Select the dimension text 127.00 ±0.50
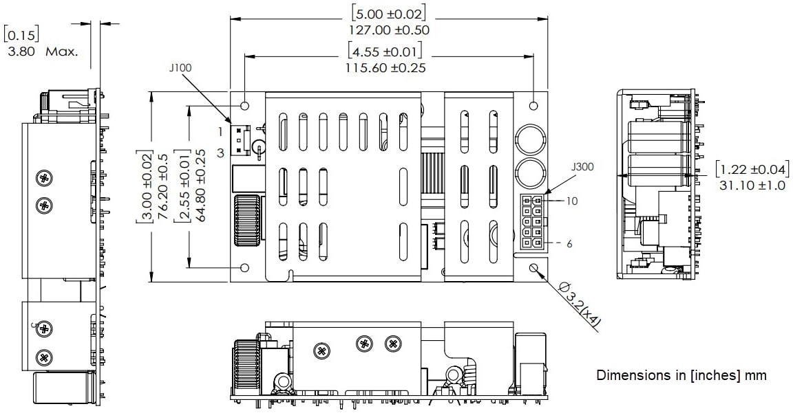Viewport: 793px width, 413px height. [390, 30]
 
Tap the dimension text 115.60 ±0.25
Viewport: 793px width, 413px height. [385, 67]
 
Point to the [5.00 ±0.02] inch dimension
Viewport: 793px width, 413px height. [389, 13]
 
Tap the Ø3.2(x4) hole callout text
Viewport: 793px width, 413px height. [580, 306]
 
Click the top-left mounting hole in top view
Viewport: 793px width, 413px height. [245, 107]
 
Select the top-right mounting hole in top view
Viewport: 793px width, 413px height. [534, 107]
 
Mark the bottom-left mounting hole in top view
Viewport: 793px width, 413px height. [245, 268]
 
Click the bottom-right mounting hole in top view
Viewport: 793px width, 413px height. [534, 268]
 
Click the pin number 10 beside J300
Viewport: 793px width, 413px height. [572, 201]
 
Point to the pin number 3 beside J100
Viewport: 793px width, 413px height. [220, 153]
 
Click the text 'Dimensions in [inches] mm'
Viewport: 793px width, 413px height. [680, 375]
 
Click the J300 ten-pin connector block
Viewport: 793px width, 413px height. [532, 221]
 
